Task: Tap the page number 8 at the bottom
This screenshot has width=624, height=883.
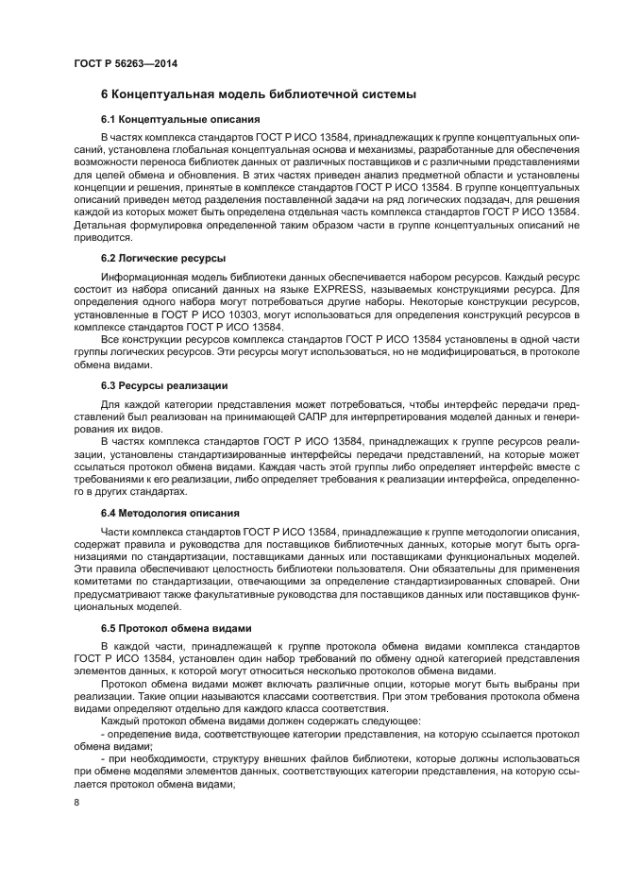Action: pyautogui.click(x=76, y=802)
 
